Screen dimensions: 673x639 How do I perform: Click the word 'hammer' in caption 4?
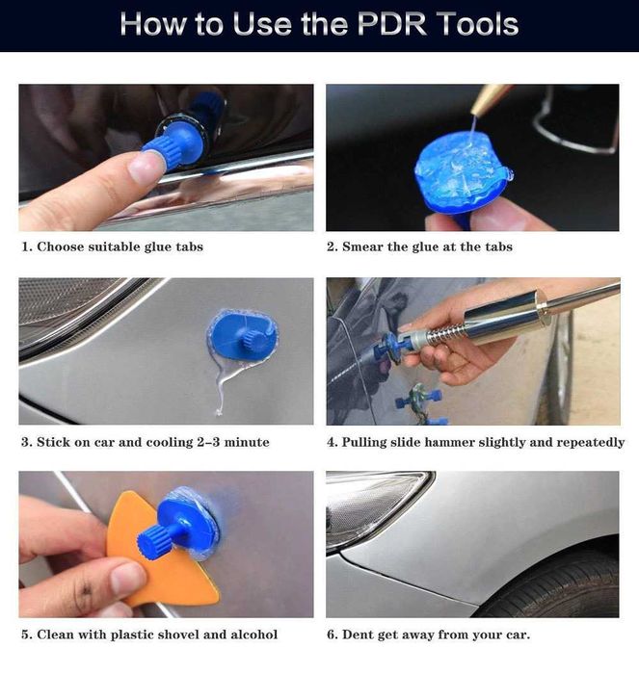point(491,442)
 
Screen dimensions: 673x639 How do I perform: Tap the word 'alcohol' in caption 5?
point(249,634)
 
